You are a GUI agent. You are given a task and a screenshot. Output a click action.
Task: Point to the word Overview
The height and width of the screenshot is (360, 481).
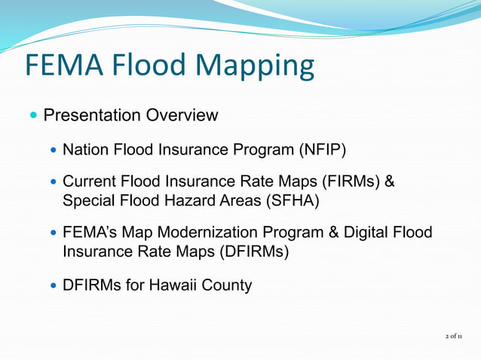(182, 115)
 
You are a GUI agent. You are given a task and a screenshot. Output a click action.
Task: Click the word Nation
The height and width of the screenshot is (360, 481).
(85, 150)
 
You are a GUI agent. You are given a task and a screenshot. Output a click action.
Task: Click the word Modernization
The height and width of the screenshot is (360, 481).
(202, 234)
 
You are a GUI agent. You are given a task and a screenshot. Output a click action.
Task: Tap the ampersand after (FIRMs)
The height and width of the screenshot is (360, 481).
(390, 183)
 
